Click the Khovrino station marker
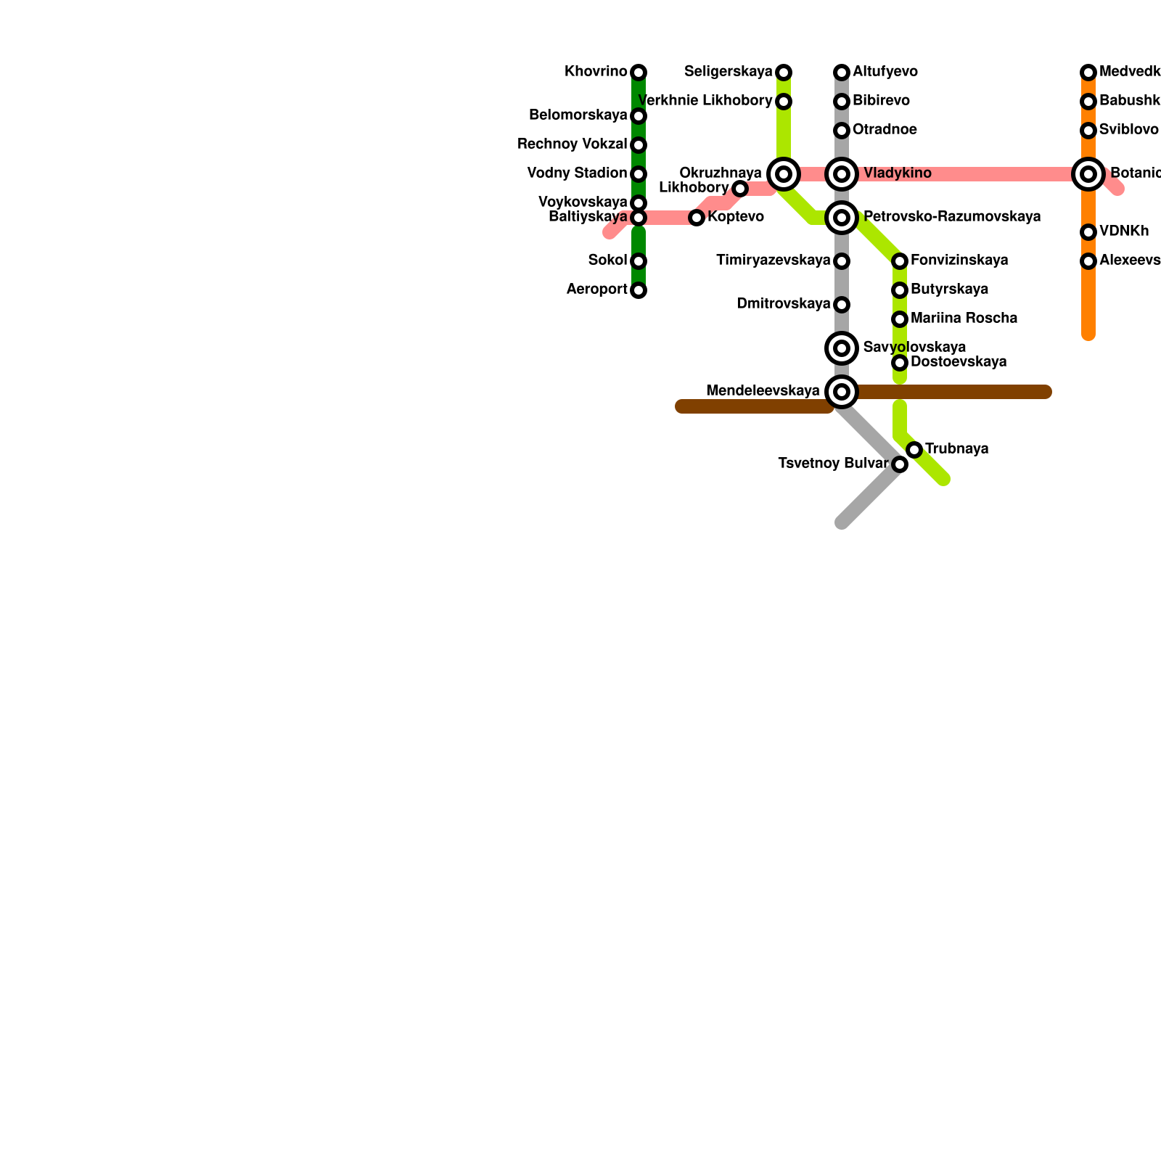point(639,73)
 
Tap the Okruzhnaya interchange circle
point(784,174)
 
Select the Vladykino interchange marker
point(842,174)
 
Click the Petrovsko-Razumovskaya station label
point(952,217)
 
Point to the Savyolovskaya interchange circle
point(842,348)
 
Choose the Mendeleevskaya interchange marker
point(842,392)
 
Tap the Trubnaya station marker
point(914,450)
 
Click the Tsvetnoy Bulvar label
point(832,464)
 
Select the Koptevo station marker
point(697,218)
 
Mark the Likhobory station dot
point(740,189)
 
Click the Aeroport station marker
point(639,290)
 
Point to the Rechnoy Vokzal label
point(572,144)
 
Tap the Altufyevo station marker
point(842,73)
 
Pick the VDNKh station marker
point(1088,232)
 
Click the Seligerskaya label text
point(729,72)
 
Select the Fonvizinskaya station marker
point(900,261)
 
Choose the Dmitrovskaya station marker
point(842,305)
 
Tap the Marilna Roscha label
point(964,319)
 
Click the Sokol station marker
point(639,261)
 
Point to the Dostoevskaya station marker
point(900,363)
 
